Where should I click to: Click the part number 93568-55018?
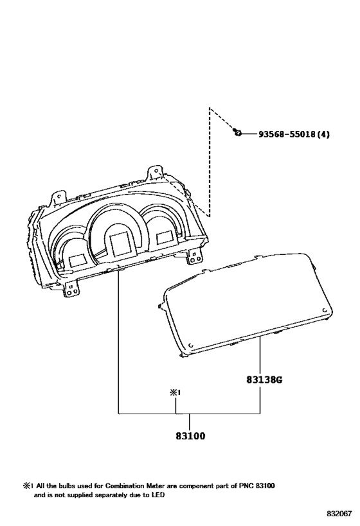[287, 134]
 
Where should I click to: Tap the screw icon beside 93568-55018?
[237, 133]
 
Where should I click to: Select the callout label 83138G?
[264, 380]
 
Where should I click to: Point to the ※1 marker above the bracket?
[175, 392]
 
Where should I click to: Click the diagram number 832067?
[339, 514]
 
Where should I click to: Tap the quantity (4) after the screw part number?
[323, 134]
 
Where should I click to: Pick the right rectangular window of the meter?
[165, 237]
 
